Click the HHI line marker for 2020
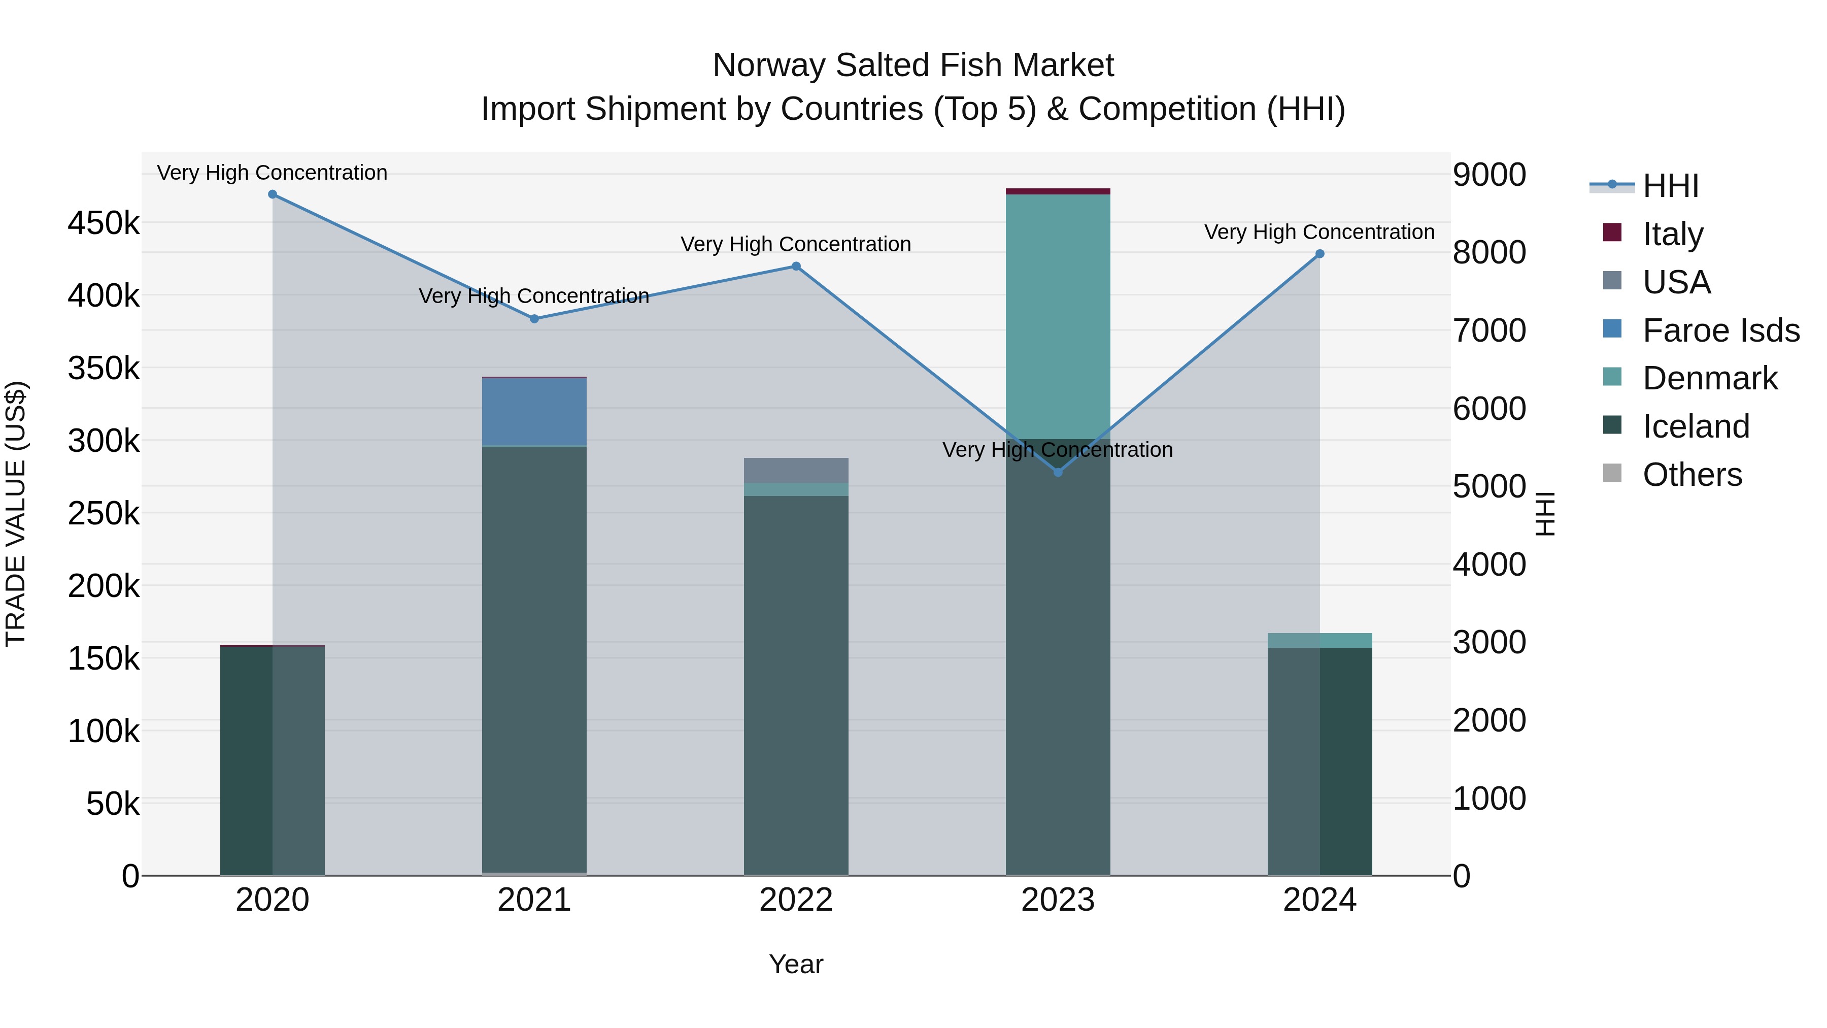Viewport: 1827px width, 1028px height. tap(273, 194)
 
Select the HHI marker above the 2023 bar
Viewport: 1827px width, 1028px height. tap(1058, 472)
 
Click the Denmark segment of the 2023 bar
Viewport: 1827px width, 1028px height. tap(1058, 316)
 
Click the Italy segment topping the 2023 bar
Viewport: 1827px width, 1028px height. tap(1058, 191)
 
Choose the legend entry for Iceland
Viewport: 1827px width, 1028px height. tap(1695, 426)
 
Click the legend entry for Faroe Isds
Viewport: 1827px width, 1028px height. tap(1720, 330)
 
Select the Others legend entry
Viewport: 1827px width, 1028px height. tap(1691, 475)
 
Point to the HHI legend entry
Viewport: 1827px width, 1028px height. tap(1670, 186)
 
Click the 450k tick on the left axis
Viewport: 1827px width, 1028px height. tap(104, 223)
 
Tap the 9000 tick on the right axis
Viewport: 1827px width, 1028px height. tap(1488, 175)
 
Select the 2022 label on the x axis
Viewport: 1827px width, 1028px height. tap(796, 900)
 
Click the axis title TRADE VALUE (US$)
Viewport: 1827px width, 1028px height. tap(16, 514)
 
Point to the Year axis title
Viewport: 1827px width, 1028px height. tap(796, 964)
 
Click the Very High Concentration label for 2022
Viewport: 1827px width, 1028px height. tap(796, 244)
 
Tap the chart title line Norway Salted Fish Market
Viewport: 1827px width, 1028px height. tap(913, 65)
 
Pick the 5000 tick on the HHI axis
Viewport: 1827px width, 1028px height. tap(1488, 487)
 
